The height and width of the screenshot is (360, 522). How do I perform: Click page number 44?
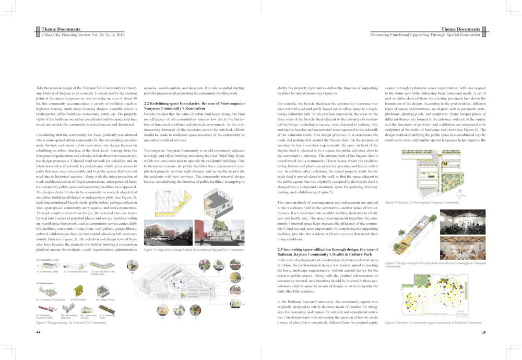(38, 332)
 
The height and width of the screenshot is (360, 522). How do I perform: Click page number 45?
(483, 332)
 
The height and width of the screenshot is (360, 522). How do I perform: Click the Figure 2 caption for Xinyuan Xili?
(71, 322)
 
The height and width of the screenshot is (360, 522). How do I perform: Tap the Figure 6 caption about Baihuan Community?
(433, 322)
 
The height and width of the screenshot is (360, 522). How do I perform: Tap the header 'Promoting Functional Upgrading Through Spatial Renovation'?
(425, 34)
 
